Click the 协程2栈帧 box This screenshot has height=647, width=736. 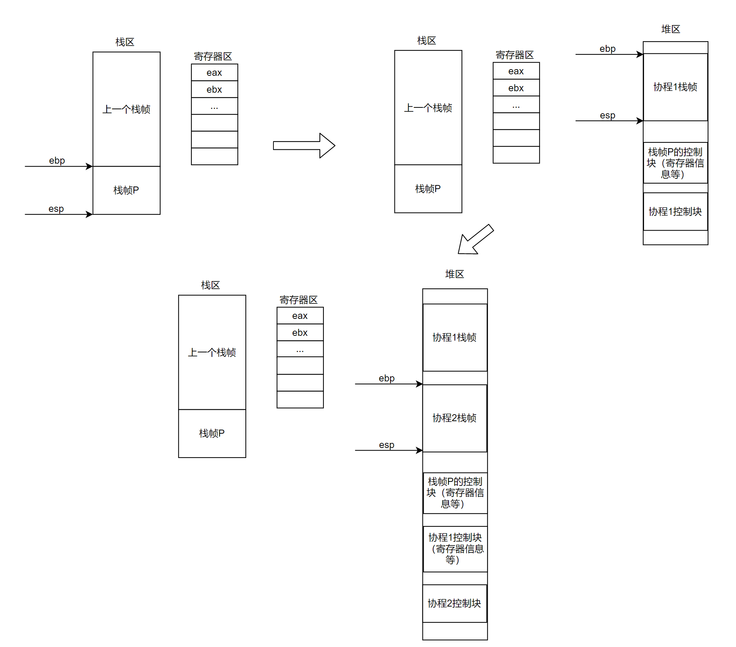point(454,418)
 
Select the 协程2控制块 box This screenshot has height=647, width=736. point(454,604)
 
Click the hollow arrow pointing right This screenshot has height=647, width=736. point(304,146)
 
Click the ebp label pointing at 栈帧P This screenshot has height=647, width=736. point(57,161)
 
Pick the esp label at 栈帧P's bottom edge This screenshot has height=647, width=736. point(56,209)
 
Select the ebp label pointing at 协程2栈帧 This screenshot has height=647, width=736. point(387,378)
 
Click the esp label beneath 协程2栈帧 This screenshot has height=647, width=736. point(387,445)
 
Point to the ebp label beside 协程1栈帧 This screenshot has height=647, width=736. point(608,49)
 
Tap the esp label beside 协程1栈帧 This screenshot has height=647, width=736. point(608,115)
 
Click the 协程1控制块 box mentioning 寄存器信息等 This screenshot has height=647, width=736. point(455,549)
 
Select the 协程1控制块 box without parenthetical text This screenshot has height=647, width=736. point(675,212)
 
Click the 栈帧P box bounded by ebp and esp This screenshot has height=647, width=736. point(126,190)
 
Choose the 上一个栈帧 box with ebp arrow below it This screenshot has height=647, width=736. point(126,109)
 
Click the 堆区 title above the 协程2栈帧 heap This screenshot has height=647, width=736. point(454,274)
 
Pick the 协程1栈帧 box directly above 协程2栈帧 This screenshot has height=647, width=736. point(454,337)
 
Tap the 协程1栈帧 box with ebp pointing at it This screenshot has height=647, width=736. point(675,87)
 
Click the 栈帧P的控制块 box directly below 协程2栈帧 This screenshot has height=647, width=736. point(455,493)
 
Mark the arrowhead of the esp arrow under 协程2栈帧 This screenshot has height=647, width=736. point(420,450)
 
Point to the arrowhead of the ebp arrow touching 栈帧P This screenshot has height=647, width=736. point(89,166)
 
